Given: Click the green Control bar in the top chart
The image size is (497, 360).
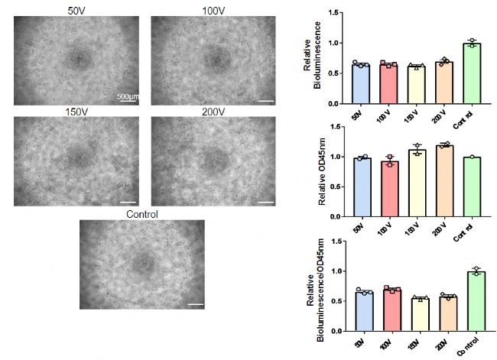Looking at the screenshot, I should pyautogui.click(x=472, y=74).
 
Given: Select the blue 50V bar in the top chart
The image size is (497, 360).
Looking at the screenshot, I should pyautogui.click(x=361, y=85).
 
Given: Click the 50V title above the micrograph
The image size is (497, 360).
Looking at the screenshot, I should pyautogui.click(x=76, y=10).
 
